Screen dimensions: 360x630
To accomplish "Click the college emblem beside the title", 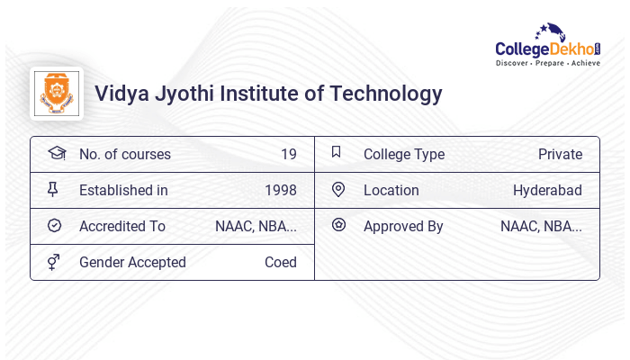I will (x=56, y=94).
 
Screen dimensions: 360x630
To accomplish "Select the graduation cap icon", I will (x=56, y=153).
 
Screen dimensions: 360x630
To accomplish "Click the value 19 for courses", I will (x=288, y=154).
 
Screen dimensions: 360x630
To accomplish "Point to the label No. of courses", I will (x=124, y=154).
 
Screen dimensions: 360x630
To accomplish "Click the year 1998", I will (x=280, y=190).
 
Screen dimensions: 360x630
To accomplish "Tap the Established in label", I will (x=123, y=190).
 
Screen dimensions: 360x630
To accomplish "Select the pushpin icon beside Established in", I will (x=53, y=189).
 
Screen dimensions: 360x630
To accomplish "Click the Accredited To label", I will (x=122, y=226).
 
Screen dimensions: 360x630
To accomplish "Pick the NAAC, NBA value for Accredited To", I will (x=256, y=226).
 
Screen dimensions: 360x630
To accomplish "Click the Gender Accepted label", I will (x=132, y=262).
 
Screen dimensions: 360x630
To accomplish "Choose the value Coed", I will (x=280, y=262).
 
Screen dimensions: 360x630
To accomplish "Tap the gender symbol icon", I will (x=54, y=262).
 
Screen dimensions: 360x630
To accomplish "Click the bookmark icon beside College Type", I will (x=336, y=152).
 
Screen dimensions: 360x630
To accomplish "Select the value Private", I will (x=560, y=154).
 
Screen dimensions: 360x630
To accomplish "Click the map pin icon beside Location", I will (x=338, y=189).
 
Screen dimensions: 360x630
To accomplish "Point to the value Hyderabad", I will (x=547, y=190).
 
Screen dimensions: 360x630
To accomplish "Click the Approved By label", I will (x=403, y=226).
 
